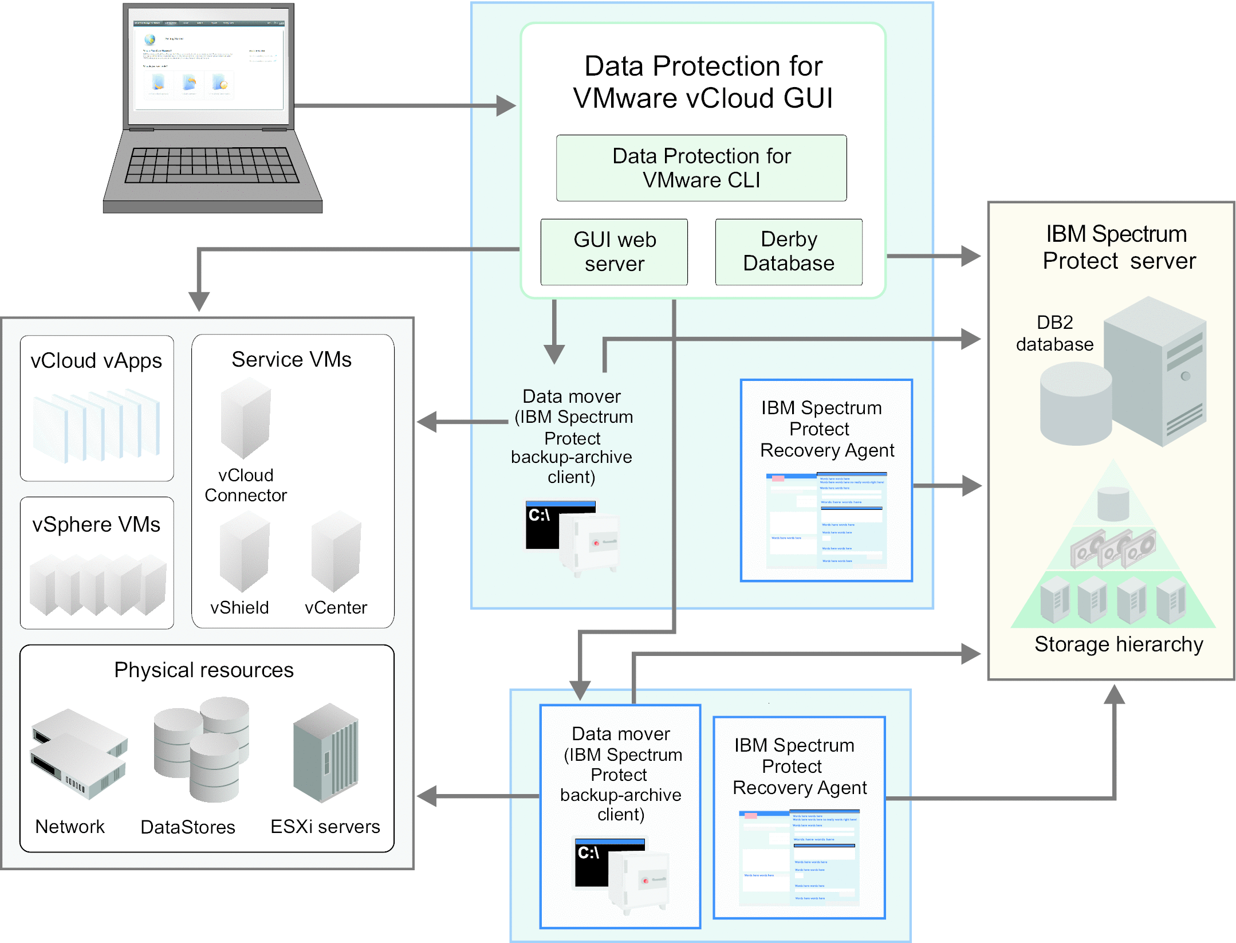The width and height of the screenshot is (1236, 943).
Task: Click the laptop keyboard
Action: pyautogui.click(x=211, y=165)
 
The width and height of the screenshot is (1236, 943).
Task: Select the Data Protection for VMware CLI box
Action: pyautogui.click(x=701, y=168)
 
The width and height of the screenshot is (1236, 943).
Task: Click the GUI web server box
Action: pyautogui.click(x=614, y=252)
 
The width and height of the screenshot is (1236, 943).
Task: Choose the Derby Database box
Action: pyautogui.click(x=788, y=252)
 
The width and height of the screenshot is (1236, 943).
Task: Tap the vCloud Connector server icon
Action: pyautogui.click(x=245, y=418)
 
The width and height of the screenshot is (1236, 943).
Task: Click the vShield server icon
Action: pyautogui.click(x=244, y=552)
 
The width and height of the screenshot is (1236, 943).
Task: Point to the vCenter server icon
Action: pyautogui.click(x=336, y=552)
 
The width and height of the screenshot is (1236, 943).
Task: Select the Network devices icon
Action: pyautogui.click(x=78, y=753)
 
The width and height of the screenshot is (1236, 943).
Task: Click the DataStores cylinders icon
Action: pyautogui.click(x=202, y=748)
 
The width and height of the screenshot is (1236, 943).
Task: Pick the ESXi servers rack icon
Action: pyautogui.click(x=325, y=753)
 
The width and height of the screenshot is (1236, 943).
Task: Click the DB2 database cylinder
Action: pyautogui.click(x=1076, y=404)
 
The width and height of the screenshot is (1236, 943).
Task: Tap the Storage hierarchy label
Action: pyautogui.click(x=1118, y=645)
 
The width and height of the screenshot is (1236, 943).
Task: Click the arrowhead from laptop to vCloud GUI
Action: pyautogui.click(x=505, y=105)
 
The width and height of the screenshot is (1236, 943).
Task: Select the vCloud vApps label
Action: pyautogui.click(x=96, y=361)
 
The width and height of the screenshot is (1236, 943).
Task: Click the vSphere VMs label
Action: pyautogui.click(x=96, y=525)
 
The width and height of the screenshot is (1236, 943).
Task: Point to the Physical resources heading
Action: pyautogui.click(x=204, y=670)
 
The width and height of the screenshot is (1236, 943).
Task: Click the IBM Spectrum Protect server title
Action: pyautogui.click(x=1118, y=247)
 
